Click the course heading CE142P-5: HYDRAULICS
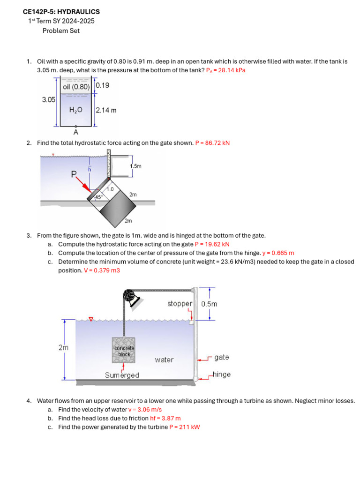61,12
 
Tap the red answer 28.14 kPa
225,70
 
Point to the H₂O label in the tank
75,110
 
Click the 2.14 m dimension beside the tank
106,110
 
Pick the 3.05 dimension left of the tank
49,99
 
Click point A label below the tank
75,132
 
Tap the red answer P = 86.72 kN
212,143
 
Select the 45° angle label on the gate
98,197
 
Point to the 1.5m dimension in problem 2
135,166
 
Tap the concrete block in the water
124,350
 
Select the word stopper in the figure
180,304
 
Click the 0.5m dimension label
209,304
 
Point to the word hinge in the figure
222,375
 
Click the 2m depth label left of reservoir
63,348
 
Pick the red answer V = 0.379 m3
102,270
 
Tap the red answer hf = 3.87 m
165,418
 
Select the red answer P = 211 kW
184,427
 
